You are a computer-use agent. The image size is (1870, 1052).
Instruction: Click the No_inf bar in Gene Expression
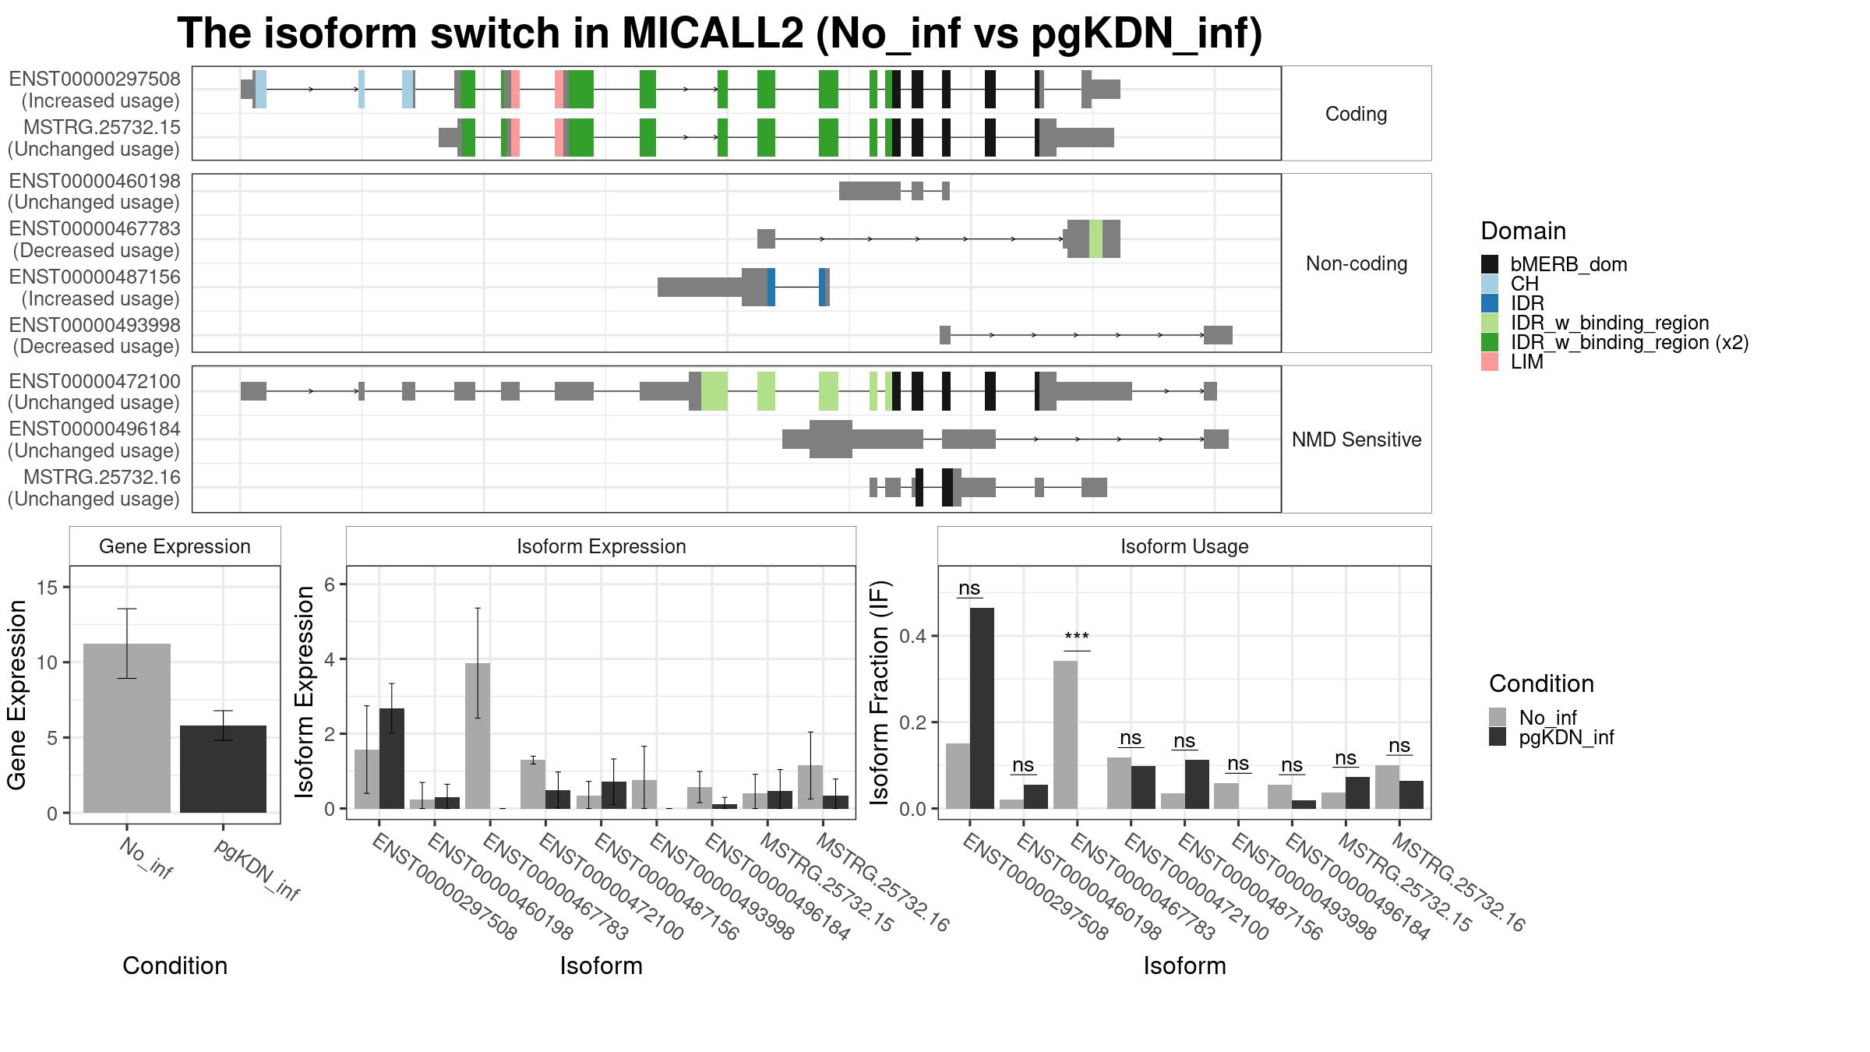click(x=127, y=728)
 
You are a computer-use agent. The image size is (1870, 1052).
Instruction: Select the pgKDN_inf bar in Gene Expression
click(x=223, y=769)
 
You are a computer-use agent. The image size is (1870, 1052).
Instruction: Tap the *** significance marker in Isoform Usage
click(x=1077, y=638)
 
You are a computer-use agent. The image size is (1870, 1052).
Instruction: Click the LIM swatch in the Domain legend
click(x=1489, y=362)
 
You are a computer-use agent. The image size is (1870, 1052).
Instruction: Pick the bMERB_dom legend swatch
click(x=1489, y=264)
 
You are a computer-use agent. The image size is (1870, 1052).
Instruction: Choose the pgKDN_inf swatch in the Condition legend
click(x=1498, y=737)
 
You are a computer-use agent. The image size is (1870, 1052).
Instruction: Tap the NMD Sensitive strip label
click(x=1357, y=440)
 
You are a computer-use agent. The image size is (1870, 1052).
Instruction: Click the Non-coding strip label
click(x=1357, y=263)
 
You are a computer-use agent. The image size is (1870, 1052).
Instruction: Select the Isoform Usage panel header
click(x=1184, y=546)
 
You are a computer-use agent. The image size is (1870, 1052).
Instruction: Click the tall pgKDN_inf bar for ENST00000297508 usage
click(x=982, y=708)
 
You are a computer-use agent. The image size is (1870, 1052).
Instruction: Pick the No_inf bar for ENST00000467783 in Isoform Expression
click(x=478, y=736)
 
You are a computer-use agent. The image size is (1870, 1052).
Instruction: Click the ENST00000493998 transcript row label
click(x=94, y=335)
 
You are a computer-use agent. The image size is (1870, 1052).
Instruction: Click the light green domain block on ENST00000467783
click(x=1096, y=238)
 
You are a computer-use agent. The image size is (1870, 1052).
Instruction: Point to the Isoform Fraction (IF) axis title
click(x=880, y=692)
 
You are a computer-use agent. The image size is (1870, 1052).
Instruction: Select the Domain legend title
click(x=1523, y=231)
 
